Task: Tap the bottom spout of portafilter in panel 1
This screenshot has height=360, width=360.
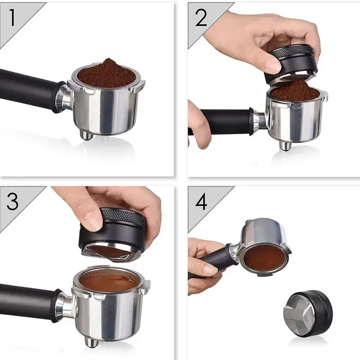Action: [86, 135]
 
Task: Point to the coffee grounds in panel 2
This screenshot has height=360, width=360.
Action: [294, 91]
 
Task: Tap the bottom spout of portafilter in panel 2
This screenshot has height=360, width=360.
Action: [284, 145]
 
